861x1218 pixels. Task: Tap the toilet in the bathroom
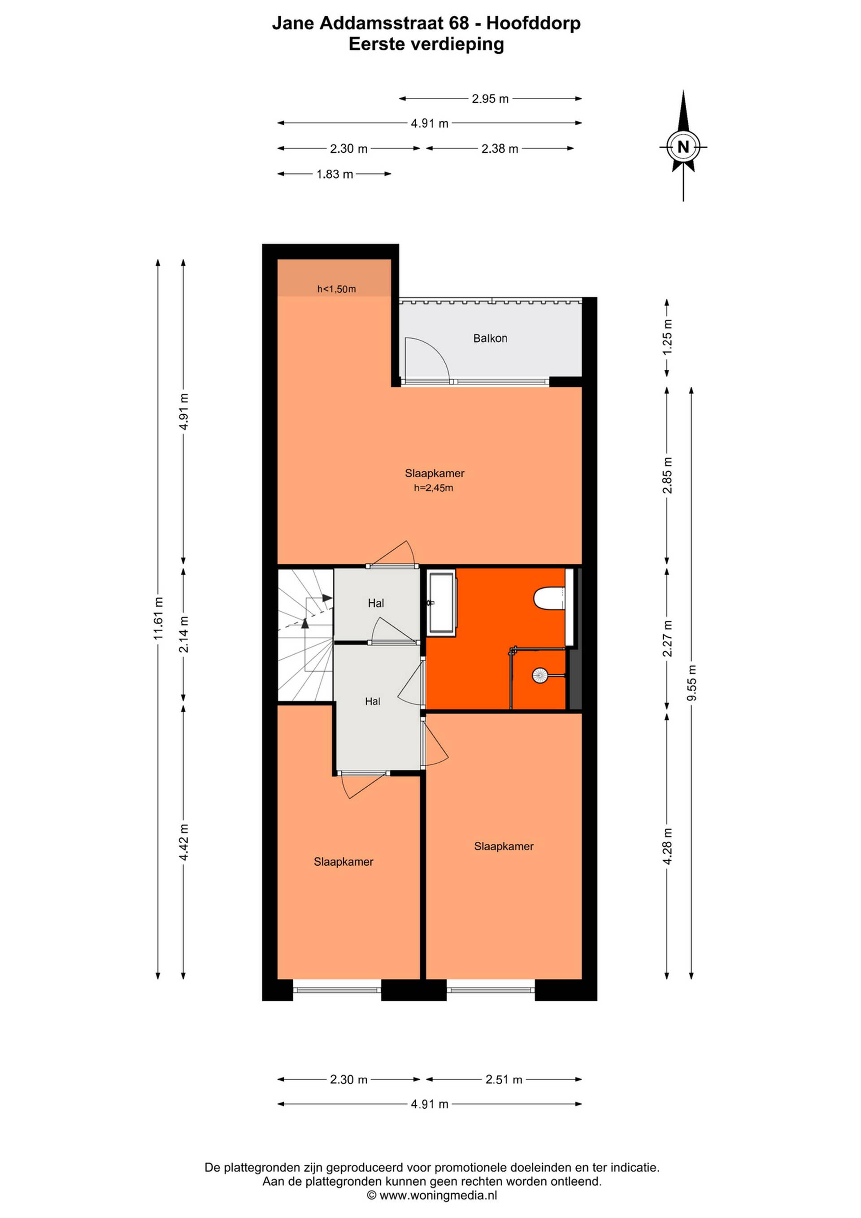click(549, 598)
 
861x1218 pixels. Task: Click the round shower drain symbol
click(540, 675)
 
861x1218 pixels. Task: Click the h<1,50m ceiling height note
click(337, 289)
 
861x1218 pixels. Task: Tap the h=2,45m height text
click(434, 488)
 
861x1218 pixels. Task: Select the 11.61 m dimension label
click(158, 618)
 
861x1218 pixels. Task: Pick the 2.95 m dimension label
click(491, 99)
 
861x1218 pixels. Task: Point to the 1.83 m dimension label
click(335, 174)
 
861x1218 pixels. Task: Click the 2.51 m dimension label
click(504, 1079)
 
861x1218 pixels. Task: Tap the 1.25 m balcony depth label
click(667, 337)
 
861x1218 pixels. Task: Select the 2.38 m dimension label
click(500, 149)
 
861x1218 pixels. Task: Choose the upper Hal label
click(376, 603)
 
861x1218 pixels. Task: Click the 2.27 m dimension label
click(667, 639)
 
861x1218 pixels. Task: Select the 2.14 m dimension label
click(183, 634)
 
